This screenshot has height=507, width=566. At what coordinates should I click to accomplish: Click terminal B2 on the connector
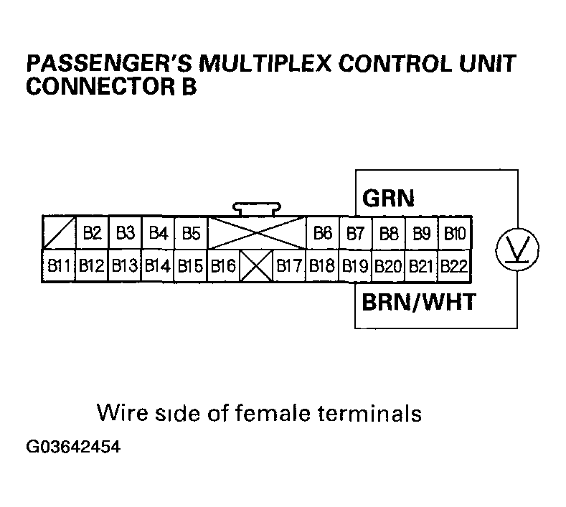[91, 233]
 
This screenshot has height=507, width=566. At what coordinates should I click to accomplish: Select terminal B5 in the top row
[190, 233]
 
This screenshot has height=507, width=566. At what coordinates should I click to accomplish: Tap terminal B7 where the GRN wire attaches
[355, 233]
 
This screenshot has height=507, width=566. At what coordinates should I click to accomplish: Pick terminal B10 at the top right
[455, 233]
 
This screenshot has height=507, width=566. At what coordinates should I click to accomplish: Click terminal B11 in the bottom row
[58, 267]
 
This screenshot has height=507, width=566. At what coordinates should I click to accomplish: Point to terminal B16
[223, 267]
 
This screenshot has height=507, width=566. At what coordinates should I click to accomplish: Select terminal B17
[289, 267]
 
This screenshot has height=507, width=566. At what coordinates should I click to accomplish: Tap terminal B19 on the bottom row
[355, 267]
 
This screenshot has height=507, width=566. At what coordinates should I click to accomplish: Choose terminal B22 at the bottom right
[455, 267]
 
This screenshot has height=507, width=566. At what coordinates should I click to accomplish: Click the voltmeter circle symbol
[517, 250]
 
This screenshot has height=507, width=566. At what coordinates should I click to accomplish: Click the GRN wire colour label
[389, 197]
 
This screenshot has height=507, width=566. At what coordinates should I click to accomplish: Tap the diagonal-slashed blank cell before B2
[58, 233]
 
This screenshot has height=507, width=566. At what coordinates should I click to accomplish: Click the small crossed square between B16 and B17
[256, 267]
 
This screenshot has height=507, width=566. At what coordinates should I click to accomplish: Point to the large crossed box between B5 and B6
[256, 233]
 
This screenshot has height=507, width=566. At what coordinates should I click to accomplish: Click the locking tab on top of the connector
[256, 209]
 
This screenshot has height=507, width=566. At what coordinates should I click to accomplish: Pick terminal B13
[124, 267]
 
